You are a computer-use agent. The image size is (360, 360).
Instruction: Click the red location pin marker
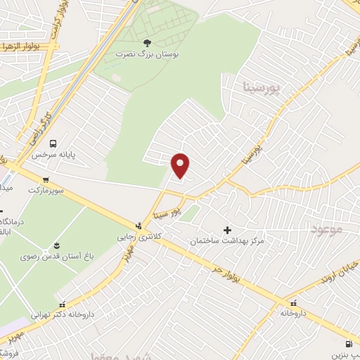(181, 165)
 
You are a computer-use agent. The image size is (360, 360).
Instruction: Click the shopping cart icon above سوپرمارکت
(46, 179)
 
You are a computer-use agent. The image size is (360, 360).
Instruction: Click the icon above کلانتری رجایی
(138, 226)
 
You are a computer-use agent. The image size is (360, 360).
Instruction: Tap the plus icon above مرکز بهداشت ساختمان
(227, 230)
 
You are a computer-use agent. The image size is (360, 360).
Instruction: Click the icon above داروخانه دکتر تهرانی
(64, 305)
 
